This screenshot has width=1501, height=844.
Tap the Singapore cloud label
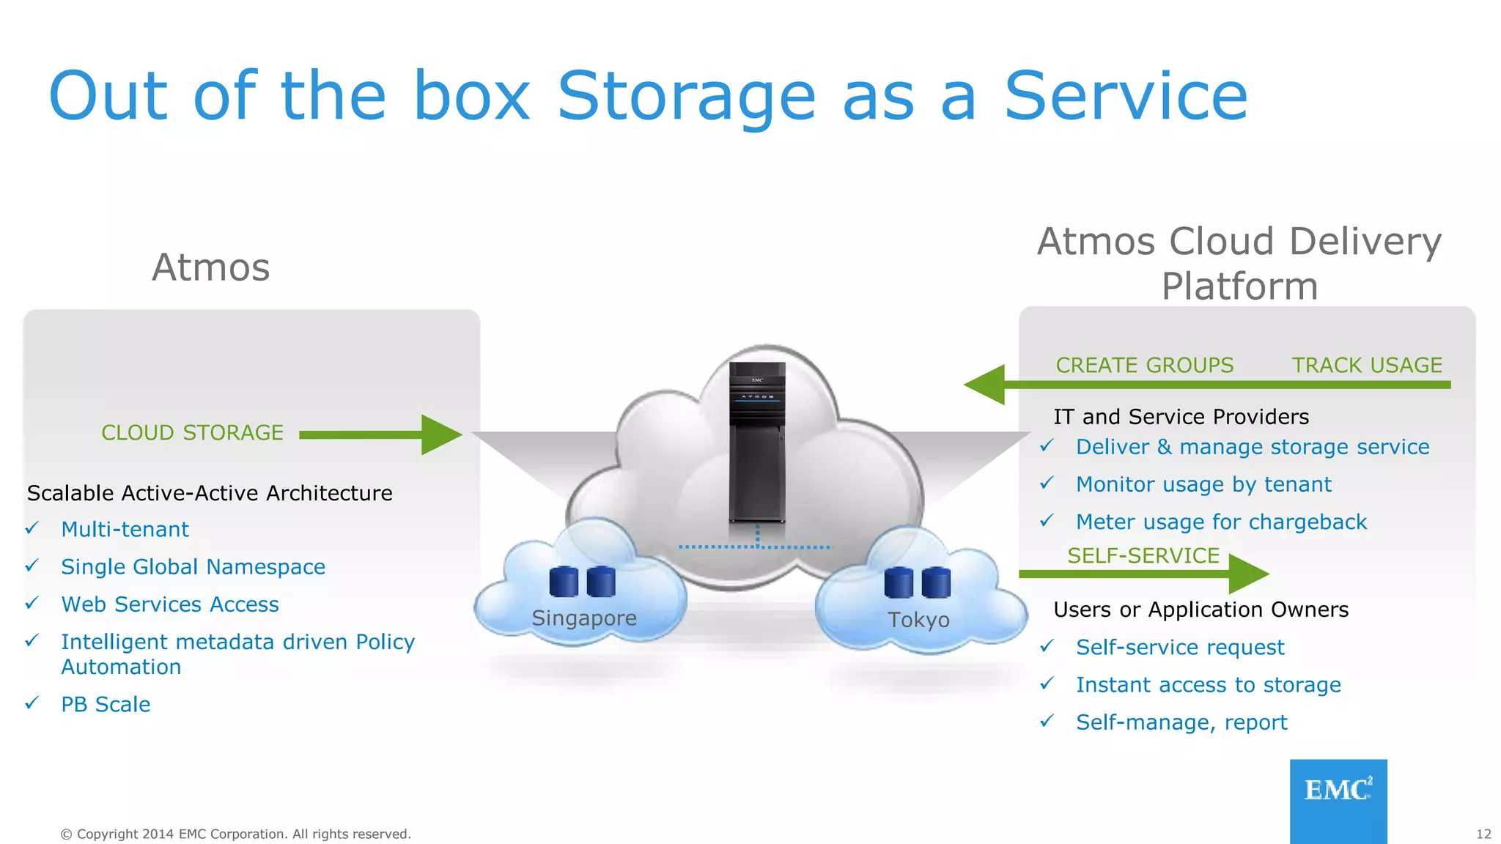583,618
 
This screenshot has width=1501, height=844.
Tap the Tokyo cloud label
918,620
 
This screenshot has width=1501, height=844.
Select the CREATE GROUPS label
1144,365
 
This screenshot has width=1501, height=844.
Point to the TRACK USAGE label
1366,365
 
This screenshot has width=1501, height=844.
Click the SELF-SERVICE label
1143,555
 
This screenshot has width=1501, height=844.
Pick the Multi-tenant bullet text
125,529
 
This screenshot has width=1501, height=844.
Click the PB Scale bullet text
106,704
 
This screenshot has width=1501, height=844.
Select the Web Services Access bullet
170,604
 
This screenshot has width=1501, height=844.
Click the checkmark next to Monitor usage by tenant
1047,484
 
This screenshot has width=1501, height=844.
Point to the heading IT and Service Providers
1181,417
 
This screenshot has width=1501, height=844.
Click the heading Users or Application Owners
1201,610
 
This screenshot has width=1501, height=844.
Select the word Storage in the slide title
686,97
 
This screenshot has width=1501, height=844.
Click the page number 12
1483,834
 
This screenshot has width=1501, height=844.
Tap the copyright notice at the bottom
235,834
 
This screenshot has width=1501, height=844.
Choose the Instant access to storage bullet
1208,685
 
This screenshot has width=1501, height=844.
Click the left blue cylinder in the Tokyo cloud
899,583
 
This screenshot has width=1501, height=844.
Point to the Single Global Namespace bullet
193,567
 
